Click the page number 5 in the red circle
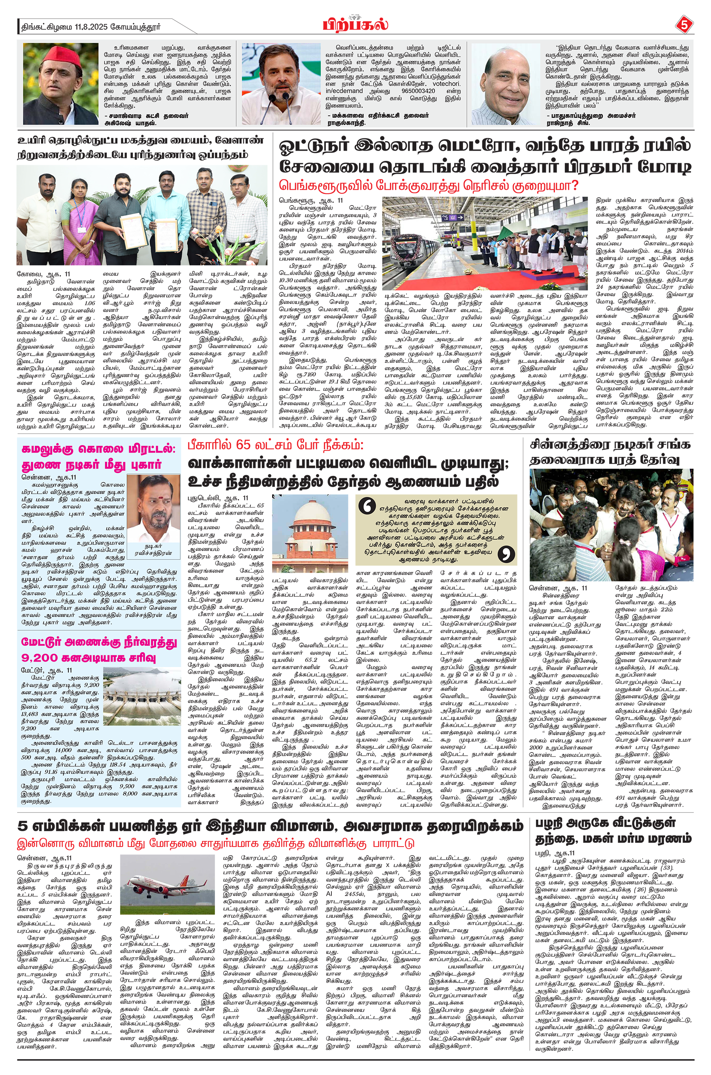pos(684,25)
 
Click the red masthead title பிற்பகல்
pos(355,24)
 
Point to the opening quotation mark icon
pos(367,506)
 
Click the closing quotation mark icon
pos(506,554)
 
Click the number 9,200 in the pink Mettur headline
pos(39,658)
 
